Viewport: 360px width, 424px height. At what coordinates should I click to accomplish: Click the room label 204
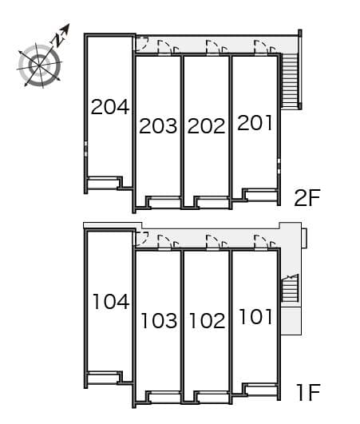click(110, 106)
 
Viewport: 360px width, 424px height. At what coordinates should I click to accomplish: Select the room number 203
click(158, 125)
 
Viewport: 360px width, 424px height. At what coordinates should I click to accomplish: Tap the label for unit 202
click(207, 125)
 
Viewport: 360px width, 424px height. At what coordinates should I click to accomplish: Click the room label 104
click(110, 301)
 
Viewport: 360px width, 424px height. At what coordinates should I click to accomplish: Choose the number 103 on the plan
click(158, 321)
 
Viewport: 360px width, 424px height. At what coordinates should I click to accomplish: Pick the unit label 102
click(207, 321)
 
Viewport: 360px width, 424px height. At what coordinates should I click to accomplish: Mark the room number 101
click(255, 317)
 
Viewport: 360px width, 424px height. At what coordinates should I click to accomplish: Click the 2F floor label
click(307, 198)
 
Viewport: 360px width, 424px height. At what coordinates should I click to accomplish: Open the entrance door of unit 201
click(260, 48)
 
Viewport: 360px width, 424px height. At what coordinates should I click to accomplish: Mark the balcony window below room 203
click(164, 202)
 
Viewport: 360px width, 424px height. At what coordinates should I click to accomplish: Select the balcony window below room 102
click(212, 395)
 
